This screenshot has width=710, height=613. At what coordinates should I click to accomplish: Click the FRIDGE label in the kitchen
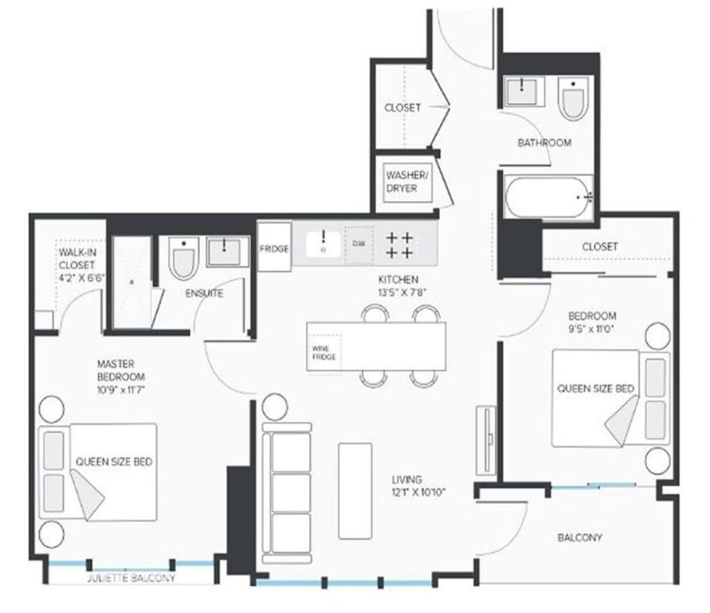pyautogui.click(x=274, y=248)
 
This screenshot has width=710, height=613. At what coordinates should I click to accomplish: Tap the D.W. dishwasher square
pyautogui.click(x=359, y=245)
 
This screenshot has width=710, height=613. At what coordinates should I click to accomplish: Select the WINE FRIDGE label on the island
pyautogui.click(x=324, y=353)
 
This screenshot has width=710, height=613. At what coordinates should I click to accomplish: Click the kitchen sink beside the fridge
pyautogui.click(x=323, y=244)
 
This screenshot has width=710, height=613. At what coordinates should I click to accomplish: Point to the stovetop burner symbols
pyautogui.click(x=399, y=245)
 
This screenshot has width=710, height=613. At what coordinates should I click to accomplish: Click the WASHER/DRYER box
pyautogui.click(x=407, y=182)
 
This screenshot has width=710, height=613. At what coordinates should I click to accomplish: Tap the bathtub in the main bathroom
pyautogui.click(x=548, y=197)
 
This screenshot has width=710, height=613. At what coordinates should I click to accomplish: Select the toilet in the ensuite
pyautogui.click(x=183, y=258)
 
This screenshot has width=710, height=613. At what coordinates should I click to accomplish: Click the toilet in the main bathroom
pyautogui.click(x=572, y=98)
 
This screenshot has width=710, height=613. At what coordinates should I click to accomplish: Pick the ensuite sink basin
pyautogui.click(x=223, y=251)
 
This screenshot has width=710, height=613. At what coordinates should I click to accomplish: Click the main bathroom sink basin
pyautogui.click(x=521, y=92)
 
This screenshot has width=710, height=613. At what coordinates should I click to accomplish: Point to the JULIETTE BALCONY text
pyautogui.click(x=131, y=578)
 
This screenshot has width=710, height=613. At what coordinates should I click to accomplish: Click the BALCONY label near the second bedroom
pyautogui.click(x=580, y=538)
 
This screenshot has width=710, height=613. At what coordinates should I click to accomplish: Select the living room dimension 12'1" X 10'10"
pyautogui.click(x=419, y=492)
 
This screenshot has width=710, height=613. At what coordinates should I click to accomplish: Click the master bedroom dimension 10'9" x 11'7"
pyautogui.click(x=121, y=390)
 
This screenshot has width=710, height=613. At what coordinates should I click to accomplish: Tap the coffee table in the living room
pyautogui.click(x=355, y=491)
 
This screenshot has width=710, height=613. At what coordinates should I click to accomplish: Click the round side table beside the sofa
pyautogui.click(x=274, y=407)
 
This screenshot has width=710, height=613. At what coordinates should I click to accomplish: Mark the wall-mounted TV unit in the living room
pyautogui.click(x=486, y=439)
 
